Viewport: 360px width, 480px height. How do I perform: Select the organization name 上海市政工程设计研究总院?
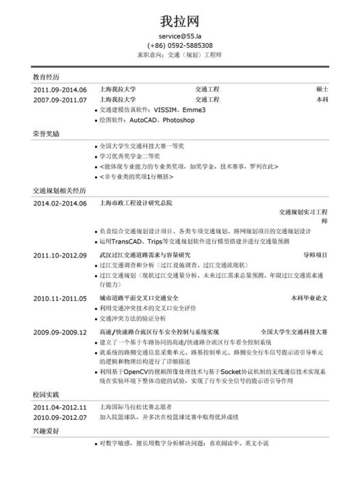tap(136, 203)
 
